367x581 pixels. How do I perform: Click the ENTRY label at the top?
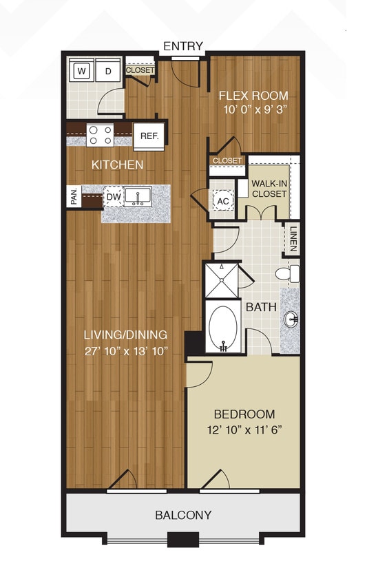pyautogui.click(x=183, y=46)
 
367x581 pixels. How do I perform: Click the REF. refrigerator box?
pyautogui.click(x=149, y=136)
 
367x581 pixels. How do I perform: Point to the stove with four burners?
pyautogui.click(x=101, y=134)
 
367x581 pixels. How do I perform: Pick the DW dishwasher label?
pyautogui.click(x=114, y=198)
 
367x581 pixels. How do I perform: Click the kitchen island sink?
pyautogui.click(x=138, y=196)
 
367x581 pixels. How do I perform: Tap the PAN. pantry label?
pyautogui.click(x=74, y=196)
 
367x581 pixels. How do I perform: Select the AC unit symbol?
pyautogui.click(x=222, y=201)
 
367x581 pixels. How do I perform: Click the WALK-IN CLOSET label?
pyautogui.click(x=269, y=189)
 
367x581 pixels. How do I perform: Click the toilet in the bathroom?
pyautogui.click(x=288, y=273)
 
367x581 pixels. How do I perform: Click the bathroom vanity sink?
pyautogui.click(x=290, y=317)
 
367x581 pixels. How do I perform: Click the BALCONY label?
pyautogui.click(x=183, y=514)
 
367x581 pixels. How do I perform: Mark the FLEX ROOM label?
pyautogui.click(x=253, y=96)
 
